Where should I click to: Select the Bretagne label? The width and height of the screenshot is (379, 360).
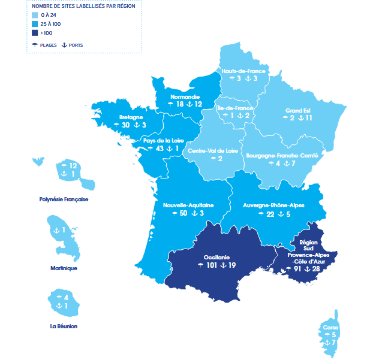tap(131, 117)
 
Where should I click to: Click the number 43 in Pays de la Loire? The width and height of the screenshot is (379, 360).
tap(159, 148)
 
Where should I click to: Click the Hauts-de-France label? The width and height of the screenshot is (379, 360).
tap(243, 71)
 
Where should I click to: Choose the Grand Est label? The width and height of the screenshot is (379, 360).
tap(297, 111)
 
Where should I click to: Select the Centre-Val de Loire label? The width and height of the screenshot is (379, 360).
tap(213, 150)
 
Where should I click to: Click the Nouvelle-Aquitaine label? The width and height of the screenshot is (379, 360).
tap(188, 205)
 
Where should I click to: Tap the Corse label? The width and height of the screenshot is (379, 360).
tap(330, 328)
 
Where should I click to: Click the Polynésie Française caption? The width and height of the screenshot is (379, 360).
tap(64, 198)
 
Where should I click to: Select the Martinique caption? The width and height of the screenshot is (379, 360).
tap(64, 268)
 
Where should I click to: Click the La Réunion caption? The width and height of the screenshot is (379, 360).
tap(64, 326)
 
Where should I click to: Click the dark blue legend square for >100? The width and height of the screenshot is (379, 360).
tap(36, 33)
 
